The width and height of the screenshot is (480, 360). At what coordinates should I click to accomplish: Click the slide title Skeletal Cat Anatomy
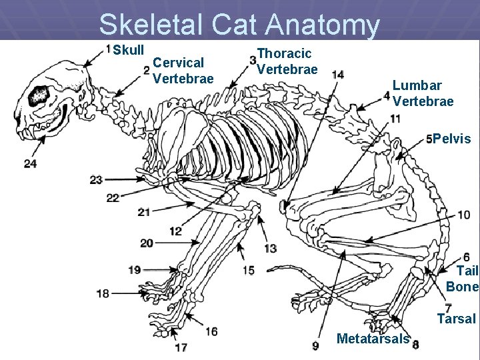click(239, 25)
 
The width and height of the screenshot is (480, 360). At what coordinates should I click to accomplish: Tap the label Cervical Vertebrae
click(183, 71)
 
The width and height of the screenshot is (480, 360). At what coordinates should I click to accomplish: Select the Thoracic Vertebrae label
click(287, 61)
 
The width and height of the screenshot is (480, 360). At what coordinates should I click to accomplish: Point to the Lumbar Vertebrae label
click(423, 93)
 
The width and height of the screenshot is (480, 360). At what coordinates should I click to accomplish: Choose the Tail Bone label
click(463, 279)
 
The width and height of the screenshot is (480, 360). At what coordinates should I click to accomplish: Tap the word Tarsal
click(456, 319)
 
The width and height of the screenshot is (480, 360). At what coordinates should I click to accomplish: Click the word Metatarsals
click(373, 339)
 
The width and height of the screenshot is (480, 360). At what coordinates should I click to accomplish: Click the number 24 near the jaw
click(30, 163)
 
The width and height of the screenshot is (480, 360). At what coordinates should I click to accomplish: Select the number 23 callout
click(96, 179)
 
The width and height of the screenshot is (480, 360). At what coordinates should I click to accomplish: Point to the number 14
click(338, 74)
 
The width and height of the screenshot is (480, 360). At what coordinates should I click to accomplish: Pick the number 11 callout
click(395, 119)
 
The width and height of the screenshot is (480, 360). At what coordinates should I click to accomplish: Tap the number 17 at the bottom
click(181, 347)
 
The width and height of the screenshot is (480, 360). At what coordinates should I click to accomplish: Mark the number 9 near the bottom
click(315, 345)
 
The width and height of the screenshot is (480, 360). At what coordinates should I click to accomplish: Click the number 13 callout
click(270, 248)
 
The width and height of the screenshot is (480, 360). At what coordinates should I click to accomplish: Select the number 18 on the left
click(103, 293)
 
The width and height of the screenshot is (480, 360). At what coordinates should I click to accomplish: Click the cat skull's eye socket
click(38, 96)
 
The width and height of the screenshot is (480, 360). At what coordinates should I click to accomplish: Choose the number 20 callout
click(147, 243)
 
